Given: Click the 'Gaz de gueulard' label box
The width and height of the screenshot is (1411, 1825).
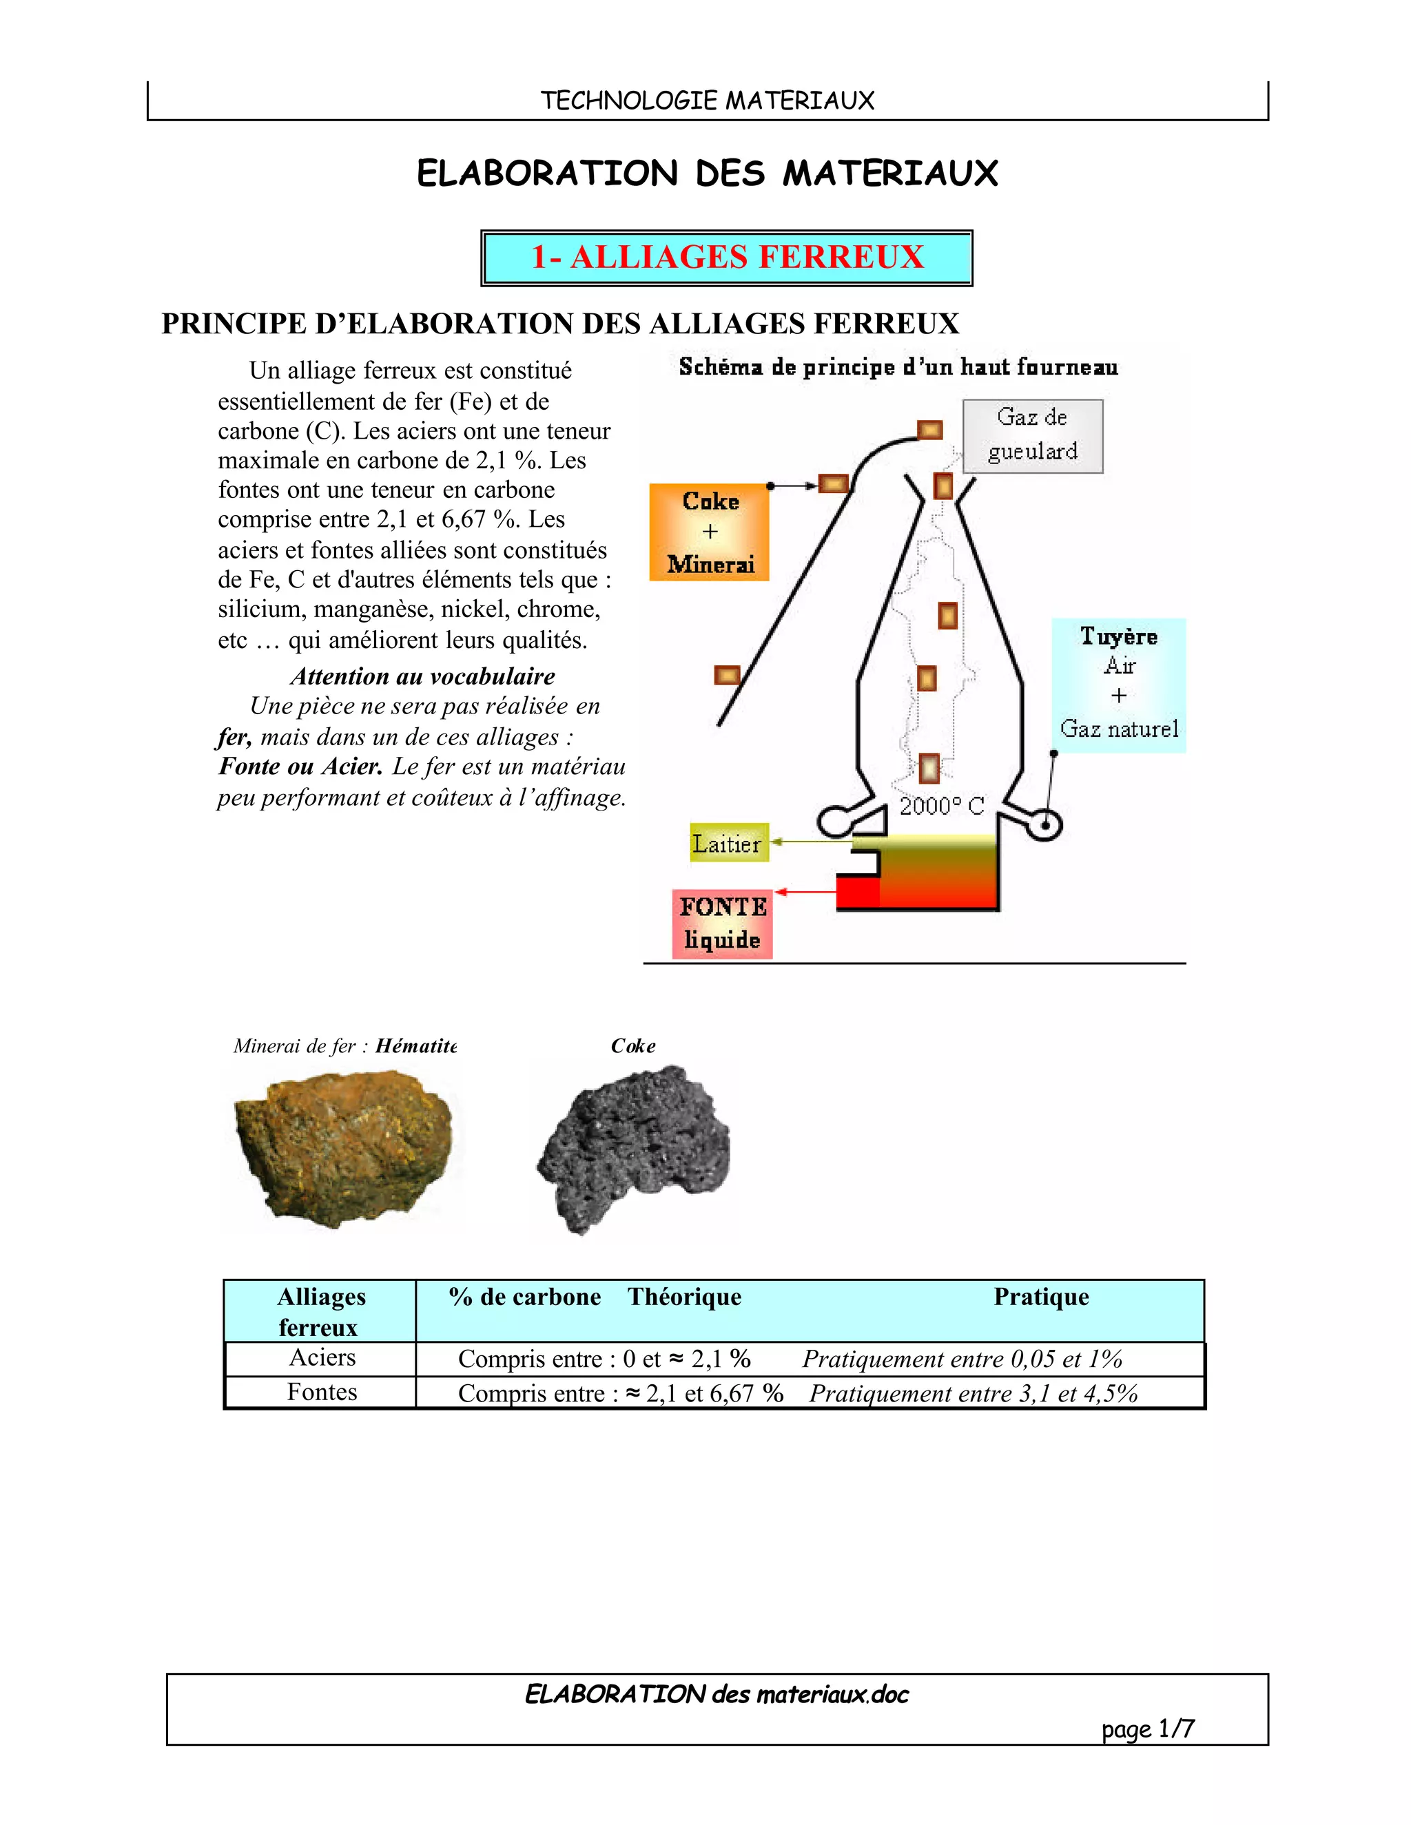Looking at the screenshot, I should coord(1032,435).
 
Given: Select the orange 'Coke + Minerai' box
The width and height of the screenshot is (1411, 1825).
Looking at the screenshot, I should coord(709,532).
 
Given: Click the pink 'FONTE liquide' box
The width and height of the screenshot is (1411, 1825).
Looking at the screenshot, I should coord(722,924).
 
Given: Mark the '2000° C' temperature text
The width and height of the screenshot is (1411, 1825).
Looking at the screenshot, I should coord(941,806).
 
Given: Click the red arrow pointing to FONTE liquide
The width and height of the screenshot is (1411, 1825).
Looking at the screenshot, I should coord(806,892).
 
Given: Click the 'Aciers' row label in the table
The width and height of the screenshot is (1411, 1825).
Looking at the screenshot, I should coord(322,1358).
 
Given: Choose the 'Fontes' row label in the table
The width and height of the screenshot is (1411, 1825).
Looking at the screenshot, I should coord(322,1392).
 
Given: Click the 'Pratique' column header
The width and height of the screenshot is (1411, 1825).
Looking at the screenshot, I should coord(1041,1297).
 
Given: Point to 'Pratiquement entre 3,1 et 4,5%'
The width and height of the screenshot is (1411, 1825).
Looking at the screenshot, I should coord(973,1394).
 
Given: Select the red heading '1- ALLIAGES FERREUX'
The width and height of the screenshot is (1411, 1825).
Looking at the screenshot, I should coord(728,258).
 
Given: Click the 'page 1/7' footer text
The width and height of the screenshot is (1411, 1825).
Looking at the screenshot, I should coord(1147,1728).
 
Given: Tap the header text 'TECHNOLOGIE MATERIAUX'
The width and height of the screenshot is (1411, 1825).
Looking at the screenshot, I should coord(707,101).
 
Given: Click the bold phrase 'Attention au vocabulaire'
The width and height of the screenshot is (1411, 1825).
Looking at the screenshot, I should coord(422,676).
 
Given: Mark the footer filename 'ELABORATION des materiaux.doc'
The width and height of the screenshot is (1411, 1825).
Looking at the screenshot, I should coord(717,1694).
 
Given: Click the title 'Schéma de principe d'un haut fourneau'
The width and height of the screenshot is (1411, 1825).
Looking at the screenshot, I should coord(898,367).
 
